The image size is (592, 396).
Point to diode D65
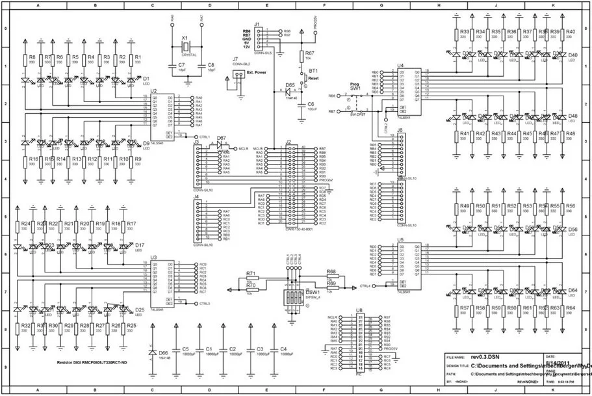click(x=290, y=90)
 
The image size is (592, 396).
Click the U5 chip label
click(x=400, y=240)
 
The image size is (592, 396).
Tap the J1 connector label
click(x=257, y=25)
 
